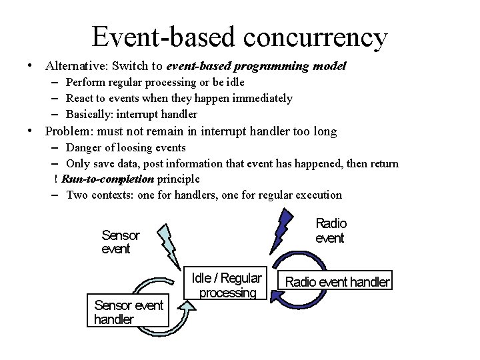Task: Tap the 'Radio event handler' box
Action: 337,281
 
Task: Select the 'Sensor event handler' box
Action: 128,312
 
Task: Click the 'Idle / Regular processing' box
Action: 227,285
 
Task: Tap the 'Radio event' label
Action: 331,231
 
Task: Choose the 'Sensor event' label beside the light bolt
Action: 121,242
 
